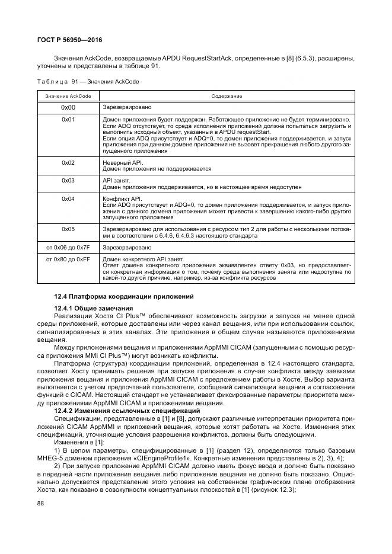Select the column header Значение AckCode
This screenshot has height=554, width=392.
[68, 95]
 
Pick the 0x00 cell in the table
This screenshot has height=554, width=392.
[68, 108]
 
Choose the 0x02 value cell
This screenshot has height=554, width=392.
[68, 162]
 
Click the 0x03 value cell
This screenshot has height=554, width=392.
[68, 180]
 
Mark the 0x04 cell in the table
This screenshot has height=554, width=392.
[68, 198]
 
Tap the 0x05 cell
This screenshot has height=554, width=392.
[68, 228]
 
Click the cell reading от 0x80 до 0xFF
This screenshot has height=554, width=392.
[68, 259]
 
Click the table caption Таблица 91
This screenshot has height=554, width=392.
[88, 82]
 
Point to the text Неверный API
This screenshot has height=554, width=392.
[119, 162]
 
